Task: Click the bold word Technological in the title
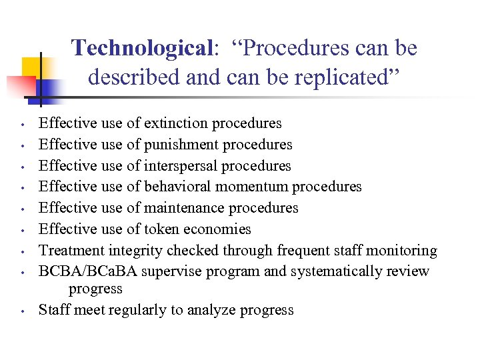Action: pos(141,49)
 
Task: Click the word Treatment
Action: pos(69,251)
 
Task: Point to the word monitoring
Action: pos(404,251)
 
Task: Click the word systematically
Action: pos(334,272)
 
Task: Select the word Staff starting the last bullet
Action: pos(53,310)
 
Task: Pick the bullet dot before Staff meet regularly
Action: pos(22,311)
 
